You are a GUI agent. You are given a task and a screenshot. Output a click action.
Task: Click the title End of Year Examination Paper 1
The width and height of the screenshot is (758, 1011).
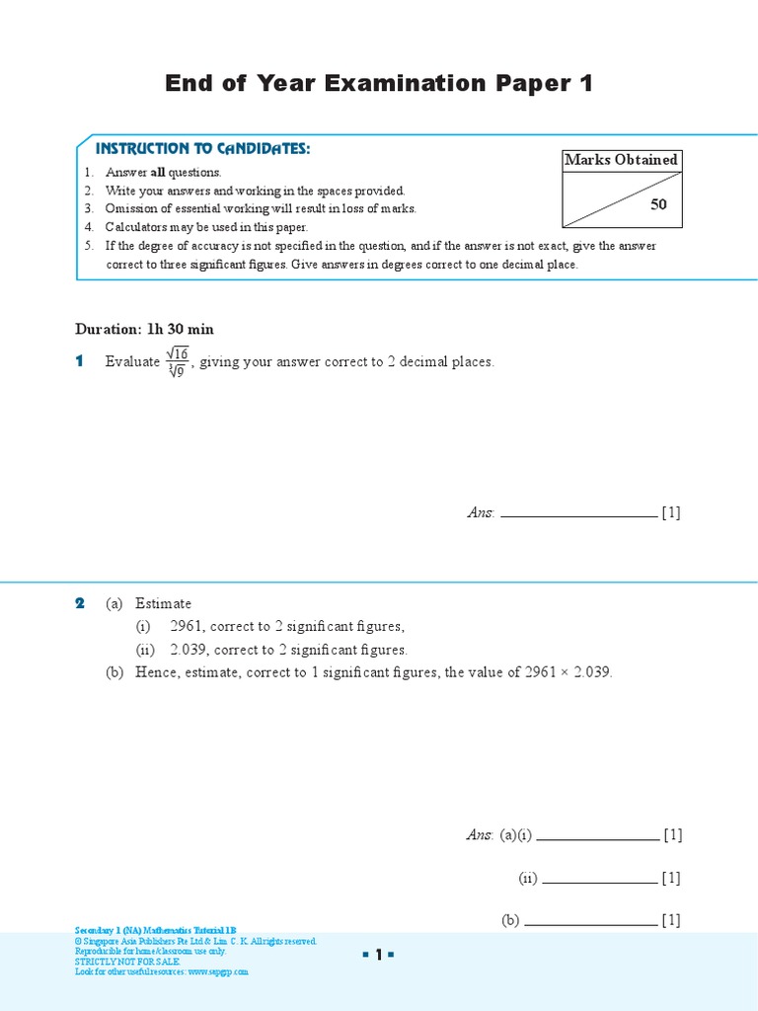tap(379, 84)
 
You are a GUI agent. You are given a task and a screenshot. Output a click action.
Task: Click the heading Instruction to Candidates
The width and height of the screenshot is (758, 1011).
tap(202, 148)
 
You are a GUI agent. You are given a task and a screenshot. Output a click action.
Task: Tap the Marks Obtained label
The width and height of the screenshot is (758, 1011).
tap(621, 160)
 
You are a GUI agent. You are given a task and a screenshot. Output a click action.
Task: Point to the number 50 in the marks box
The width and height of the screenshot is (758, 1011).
tap(658, 204)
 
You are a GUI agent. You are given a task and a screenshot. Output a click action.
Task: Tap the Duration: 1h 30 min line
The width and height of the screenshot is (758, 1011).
tap(144, 329)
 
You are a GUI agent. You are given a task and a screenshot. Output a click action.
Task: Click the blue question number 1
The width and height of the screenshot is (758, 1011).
tap(80, 362)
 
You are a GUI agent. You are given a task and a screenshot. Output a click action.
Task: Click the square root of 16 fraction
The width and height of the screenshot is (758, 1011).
tap(177, 362)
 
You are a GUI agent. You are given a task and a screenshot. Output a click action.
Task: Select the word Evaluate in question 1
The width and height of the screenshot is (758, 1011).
tap(132, 362)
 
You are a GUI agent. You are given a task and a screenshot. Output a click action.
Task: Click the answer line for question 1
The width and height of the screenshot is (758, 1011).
tap(578, 514)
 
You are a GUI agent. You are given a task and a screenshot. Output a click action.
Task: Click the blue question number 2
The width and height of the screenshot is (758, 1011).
tap(80, 603)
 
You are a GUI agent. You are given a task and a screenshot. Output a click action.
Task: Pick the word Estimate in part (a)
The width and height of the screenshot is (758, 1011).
tap(163, 603)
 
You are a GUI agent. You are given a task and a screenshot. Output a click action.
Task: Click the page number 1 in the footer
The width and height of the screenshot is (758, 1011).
tap(378, 955)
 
